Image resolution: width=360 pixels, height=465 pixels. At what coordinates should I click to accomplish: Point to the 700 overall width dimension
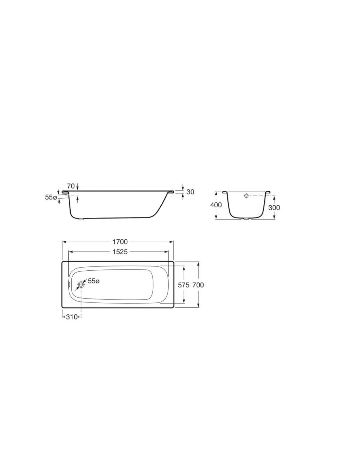pyautogui.click(x=198, y=285)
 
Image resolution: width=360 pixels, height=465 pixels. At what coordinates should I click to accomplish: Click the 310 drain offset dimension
pyautogui.click(x=72, y=317)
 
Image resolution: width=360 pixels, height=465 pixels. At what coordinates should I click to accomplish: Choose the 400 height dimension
pyautogui.click(x=216, y=205)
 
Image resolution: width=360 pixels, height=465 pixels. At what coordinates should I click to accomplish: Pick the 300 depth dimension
pyautogui.click(x=274, y=208)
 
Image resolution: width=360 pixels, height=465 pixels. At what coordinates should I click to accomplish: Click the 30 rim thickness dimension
pyautogui.click(x=190, y=192)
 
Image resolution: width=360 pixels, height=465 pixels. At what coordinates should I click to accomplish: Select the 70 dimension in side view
pyautogui.click(x=71, y=186)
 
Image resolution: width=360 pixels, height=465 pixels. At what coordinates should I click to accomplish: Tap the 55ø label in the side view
pyautogui.click(x=51, y=197)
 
